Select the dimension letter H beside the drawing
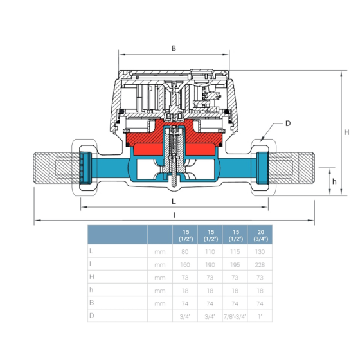click(346, 132)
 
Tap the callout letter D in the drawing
click(289, 123)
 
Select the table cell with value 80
click(185, 253)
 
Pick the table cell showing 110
click(210, 253)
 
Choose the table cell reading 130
click(259, 253)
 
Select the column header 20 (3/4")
click(259, 235)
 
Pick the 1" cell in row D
click(259, 316)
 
